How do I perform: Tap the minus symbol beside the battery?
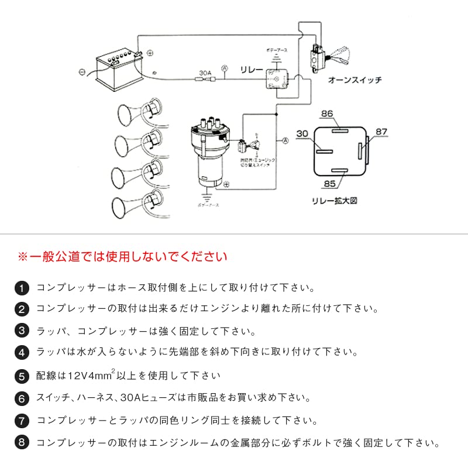[x=82, y=73]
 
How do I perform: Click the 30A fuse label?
[x=205, y=73]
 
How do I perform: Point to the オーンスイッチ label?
[x=355, y=80]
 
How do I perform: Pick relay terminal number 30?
[x=301, y=134]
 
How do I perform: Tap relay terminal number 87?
[x=381, y=132]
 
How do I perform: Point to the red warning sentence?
[x=123, y=256]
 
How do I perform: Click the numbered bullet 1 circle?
[x=21, y=288]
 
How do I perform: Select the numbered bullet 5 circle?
[x=21, y=376]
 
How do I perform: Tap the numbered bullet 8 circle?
[x=21, y=442]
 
